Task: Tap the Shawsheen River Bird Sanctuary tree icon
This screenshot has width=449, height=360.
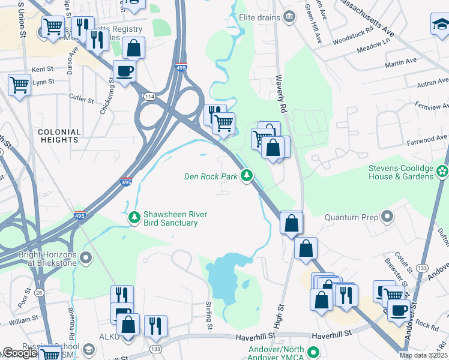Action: coord(135,215)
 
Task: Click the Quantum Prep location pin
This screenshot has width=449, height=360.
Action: coord(388,217)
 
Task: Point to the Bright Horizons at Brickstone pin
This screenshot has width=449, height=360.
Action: coord(85,258)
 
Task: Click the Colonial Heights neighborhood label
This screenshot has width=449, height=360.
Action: coord(59,136)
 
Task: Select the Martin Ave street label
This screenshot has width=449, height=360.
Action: coord(401,62)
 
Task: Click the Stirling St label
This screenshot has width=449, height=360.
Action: coord(210,315)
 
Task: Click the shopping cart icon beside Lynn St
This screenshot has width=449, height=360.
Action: coord(19,85)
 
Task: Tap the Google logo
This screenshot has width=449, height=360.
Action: coord(19,353)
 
